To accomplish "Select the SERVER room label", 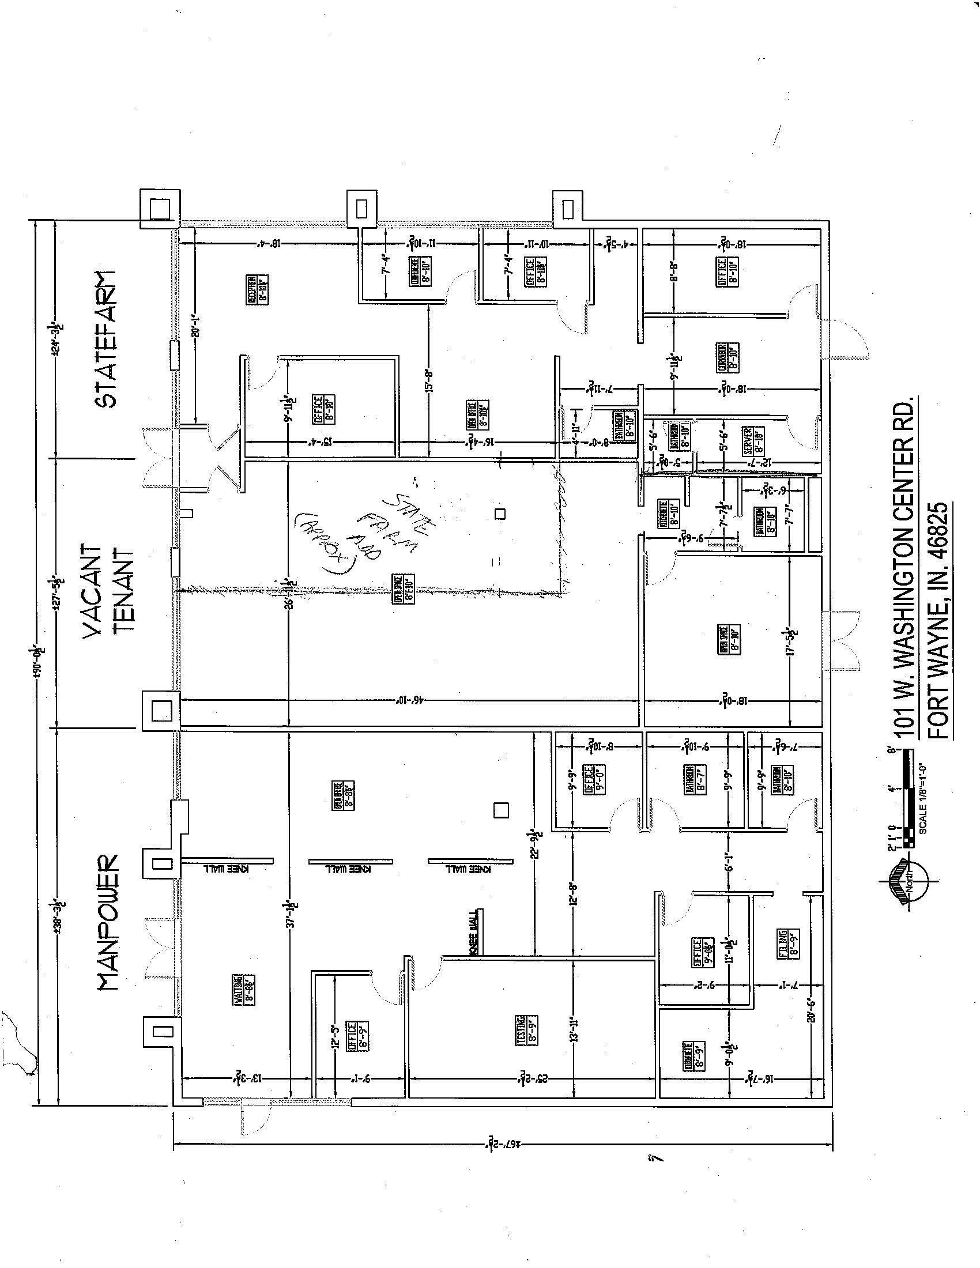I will pyautogui.click(x=752, y=442).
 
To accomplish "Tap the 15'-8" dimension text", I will pyautogui.click(x=429, y=379).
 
